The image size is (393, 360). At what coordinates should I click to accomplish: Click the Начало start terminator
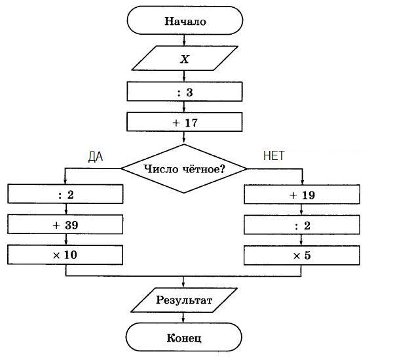[x=185, y=21]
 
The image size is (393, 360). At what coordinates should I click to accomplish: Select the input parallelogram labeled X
[x=185, y=58]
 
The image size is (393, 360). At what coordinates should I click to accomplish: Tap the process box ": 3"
[x=185, y=92]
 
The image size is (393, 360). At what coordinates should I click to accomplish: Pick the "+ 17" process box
[x=185, y=122]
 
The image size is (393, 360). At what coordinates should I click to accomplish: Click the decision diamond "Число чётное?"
[x=185, y=169]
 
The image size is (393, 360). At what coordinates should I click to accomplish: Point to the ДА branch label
[x=96, y=157]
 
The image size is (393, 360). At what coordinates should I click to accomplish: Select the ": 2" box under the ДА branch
[x=65, y=195]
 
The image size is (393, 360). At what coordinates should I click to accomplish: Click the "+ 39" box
[x=65, y=224]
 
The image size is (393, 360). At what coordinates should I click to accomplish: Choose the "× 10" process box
[x=65, y=254]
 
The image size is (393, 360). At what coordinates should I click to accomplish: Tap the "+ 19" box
[x=302, y=195]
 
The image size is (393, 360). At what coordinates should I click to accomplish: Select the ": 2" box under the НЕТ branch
[x=302, y=224]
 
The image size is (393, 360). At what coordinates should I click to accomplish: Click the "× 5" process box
[x=302, y=254]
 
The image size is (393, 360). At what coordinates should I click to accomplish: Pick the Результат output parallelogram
[x=185, y=301]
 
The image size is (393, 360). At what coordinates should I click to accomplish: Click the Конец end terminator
[x=185, y=338]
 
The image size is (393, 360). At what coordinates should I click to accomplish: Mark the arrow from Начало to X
[x=185, y=41]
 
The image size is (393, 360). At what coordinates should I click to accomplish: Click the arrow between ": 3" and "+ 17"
[x=185, y=108]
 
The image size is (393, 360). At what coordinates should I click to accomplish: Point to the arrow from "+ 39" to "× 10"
[x=65, y=239]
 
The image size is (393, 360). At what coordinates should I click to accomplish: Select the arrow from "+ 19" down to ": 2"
[x=302, y=210]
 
